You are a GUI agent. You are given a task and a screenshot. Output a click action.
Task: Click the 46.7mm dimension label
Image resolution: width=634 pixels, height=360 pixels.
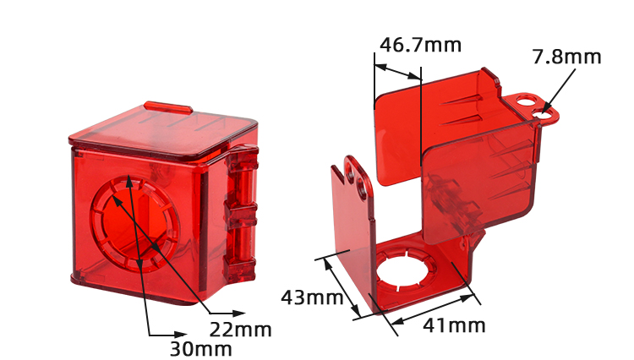pyautogui.click(x=420, y=45)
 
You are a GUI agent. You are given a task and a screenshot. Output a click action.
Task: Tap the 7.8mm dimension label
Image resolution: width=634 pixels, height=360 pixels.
pyautogui.click(x=566, y=57)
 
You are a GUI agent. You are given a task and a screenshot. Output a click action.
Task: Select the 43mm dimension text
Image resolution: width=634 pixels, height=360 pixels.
pyautogui.click(x=311, y=297)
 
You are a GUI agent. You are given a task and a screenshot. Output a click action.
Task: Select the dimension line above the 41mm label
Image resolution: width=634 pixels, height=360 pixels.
pyautogui.click(x=432, y=309)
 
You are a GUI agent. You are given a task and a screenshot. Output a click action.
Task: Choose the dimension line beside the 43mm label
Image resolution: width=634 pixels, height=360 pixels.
pyautogui.click(x=339, y=286)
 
